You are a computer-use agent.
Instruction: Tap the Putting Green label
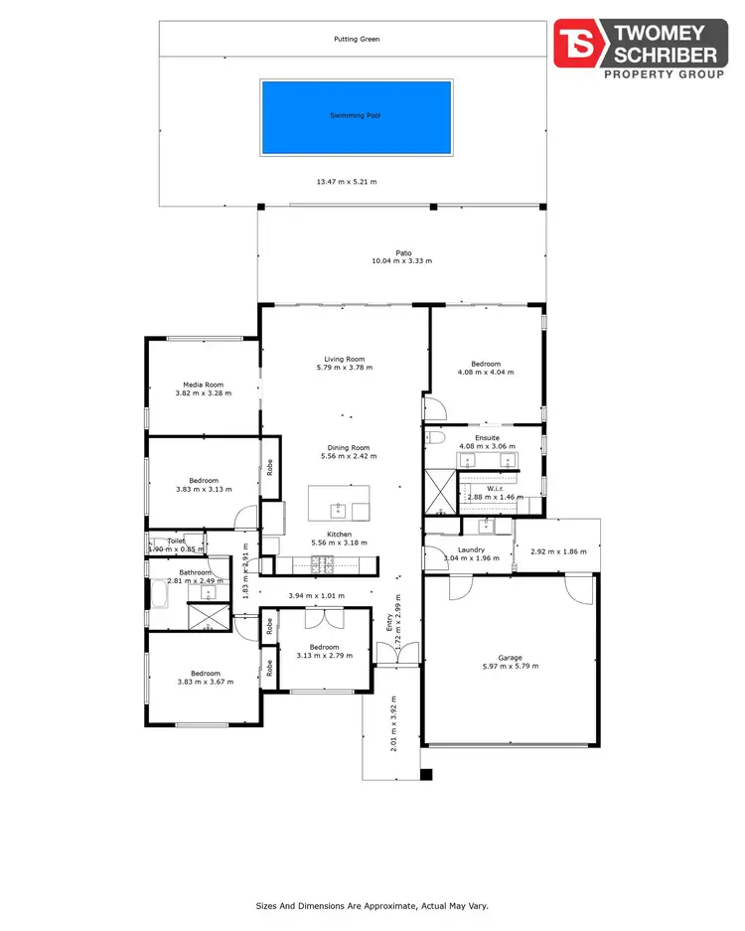point(357,40)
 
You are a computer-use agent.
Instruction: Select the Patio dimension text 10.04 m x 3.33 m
point(401,261)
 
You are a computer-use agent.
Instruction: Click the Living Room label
point(345,359)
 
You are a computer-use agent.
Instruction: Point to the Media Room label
point(203,385)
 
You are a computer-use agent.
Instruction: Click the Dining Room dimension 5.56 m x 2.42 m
point(345,456)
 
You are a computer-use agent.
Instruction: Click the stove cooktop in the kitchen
point(323,565)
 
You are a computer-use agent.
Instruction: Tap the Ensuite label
point(487,437)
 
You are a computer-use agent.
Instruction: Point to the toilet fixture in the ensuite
point(435,436)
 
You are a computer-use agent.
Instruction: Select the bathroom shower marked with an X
point(205,616)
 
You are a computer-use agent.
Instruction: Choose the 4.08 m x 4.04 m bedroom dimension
point(486,373)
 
